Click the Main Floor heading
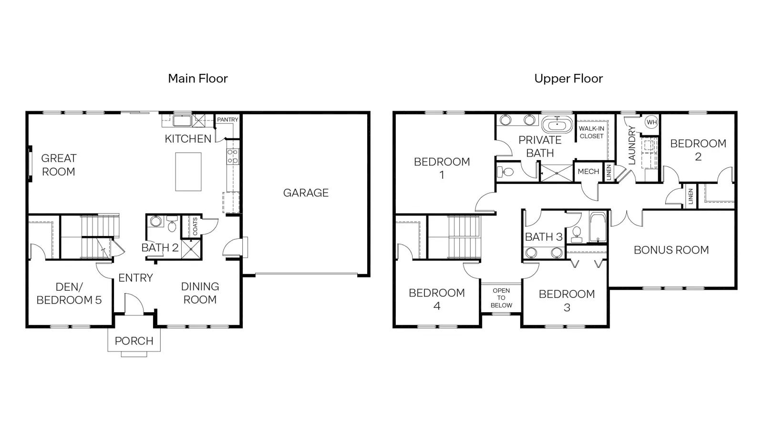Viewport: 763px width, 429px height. point(198,79)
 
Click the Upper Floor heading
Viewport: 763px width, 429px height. point(568,79)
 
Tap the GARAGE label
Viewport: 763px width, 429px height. point(306,193)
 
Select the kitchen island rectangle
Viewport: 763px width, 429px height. point(188,172)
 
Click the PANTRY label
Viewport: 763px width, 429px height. point(227,120)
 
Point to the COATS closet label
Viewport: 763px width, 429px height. point(195,226)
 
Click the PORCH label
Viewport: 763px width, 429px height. point(134,341)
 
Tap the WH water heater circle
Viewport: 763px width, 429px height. point(651,122)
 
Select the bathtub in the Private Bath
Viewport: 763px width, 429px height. point(557,124)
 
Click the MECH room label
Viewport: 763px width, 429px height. point(588,172)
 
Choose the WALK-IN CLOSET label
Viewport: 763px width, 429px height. point(592,133)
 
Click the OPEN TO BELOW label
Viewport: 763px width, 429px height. point(501,298)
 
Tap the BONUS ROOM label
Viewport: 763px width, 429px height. point(671,250)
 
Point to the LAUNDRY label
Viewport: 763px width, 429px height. point(632,145)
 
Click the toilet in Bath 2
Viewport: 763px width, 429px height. point(172,224)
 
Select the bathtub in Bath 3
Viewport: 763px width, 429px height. point(598,227)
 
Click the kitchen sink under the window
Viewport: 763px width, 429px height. point(182,121)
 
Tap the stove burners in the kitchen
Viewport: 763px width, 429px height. point(233,156)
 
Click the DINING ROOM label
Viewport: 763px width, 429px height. point(200,293)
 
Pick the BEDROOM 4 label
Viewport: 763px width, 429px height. point(437,299)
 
